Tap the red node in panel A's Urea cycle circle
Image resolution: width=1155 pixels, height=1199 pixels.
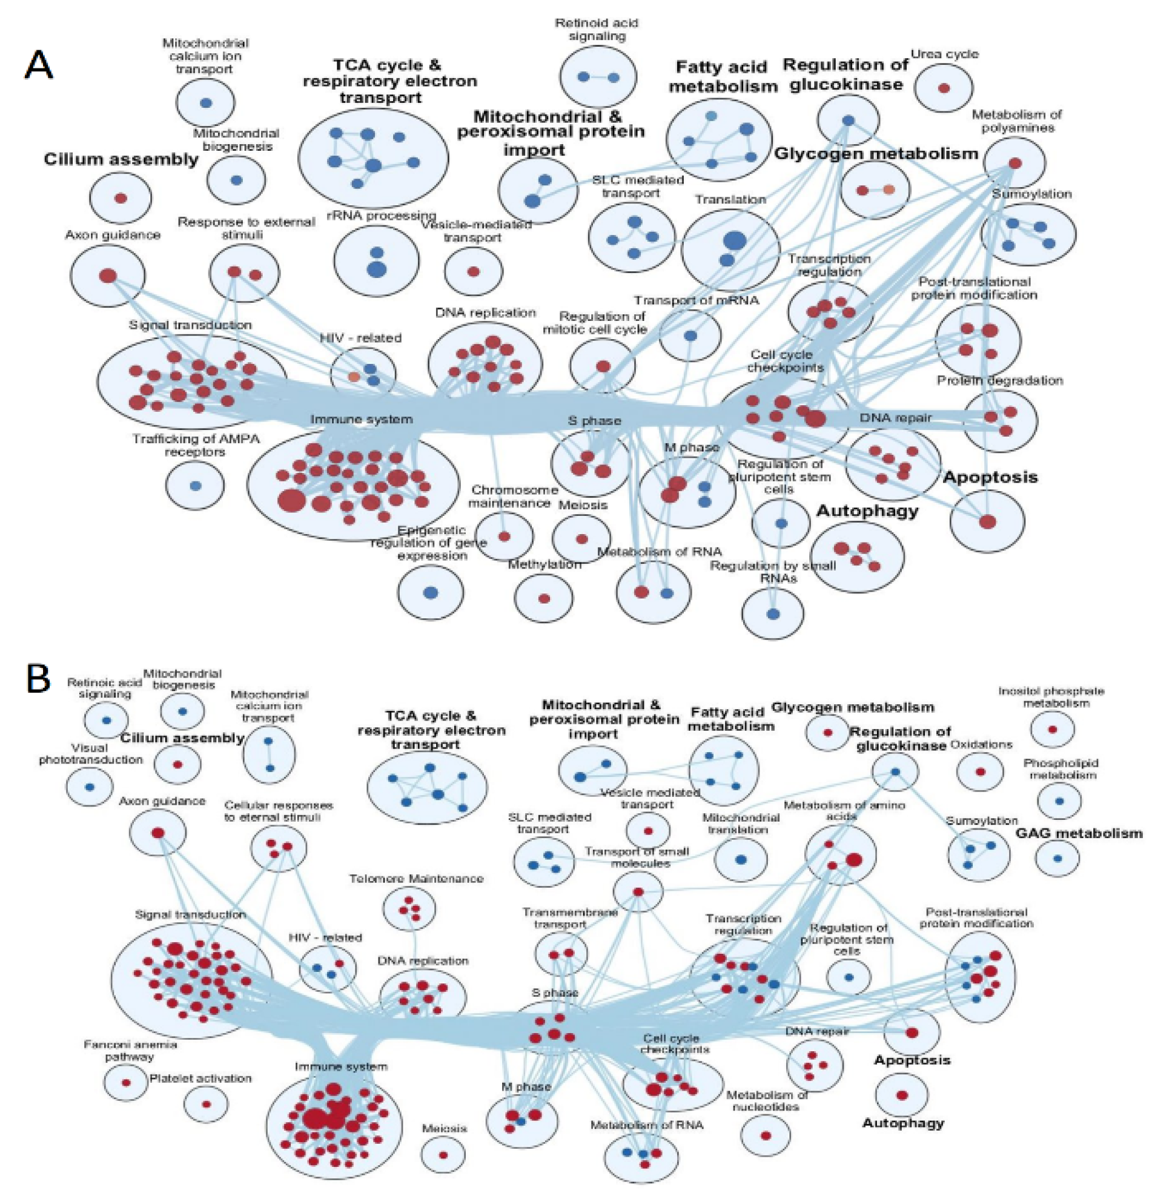944,88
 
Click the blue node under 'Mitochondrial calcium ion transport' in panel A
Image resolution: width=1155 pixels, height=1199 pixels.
205,103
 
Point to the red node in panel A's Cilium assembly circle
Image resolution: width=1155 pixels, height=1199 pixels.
121,198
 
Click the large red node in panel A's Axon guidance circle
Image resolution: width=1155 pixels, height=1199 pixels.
108,276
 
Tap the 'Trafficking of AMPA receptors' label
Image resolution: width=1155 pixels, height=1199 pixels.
196,444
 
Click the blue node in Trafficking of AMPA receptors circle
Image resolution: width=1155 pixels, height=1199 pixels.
195,486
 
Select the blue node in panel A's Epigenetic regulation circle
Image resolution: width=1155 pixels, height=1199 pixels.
431,592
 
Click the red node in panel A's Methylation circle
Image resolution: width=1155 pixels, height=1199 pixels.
544,598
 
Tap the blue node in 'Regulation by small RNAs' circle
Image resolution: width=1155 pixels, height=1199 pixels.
773,613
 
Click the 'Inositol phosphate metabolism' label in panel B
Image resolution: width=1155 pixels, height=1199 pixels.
1051,697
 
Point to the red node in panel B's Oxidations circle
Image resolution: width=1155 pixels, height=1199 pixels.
980,772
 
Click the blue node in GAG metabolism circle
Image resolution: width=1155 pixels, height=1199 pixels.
1057,858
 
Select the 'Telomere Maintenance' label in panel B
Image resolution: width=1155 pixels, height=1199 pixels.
416,879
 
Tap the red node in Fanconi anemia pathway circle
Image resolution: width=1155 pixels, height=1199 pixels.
126,1082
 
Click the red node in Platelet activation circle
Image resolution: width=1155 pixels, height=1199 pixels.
206,1104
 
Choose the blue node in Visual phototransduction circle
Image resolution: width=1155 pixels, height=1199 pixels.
90,787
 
